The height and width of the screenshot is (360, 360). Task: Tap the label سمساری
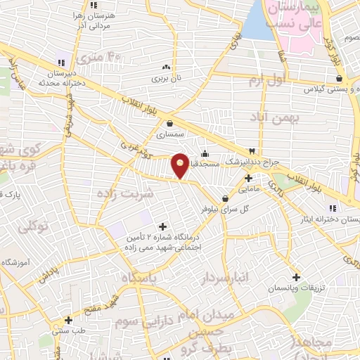(169, 133)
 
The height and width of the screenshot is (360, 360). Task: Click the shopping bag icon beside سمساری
(169, 123)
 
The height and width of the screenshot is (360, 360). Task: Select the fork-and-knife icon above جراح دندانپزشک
(252, 151)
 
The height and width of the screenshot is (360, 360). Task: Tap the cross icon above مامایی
(248, 178)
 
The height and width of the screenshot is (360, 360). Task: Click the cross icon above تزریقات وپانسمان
(297, 278)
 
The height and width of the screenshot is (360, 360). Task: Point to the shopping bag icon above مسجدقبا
(205, 153)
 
